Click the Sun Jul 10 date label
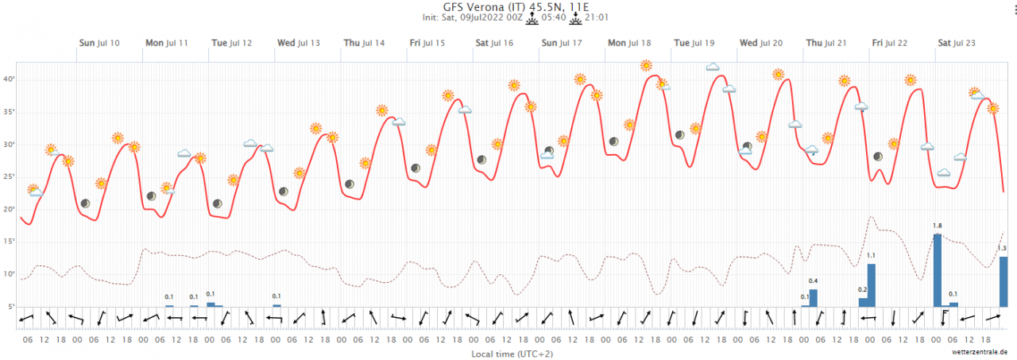coord(99,42)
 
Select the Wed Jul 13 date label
coord(298,42)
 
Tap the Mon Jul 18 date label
coord(629,42)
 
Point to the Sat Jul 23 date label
coord(960,42)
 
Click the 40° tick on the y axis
coord(10,79)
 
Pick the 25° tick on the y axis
coord(10,177)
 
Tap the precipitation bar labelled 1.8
coord(938,270)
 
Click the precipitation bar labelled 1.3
coord(1003,281)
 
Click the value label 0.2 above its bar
coord(863,289)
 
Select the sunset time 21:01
coord(597,17)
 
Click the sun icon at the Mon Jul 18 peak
coord(646,65)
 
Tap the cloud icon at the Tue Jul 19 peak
coord(713,68)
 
